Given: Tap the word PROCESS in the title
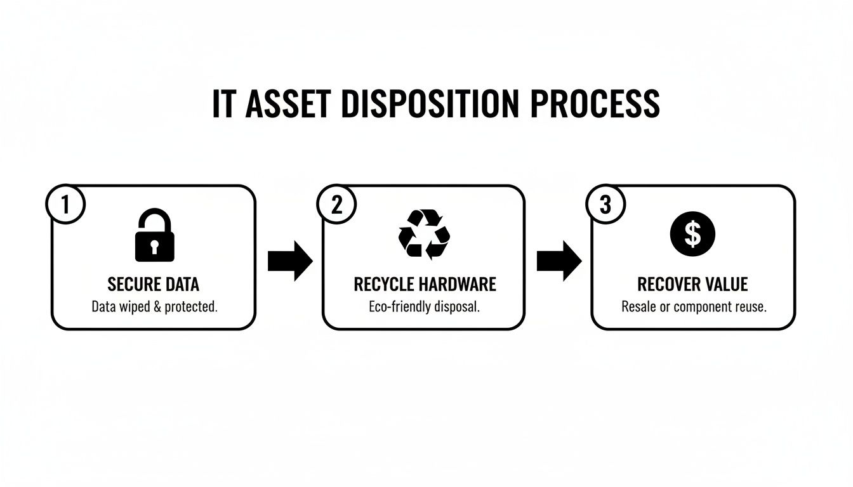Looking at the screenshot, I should point(595,104).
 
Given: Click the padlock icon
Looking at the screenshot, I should point(154,236).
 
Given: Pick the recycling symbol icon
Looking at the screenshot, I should point(424,234).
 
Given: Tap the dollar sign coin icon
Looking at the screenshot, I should point(692,234).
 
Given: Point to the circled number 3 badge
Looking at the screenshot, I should point(606,205).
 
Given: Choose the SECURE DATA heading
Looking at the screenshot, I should point(154,283).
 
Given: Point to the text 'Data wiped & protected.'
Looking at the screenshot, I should point(154,307).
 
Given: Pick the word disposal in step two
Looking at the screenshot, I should point(457,307).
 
